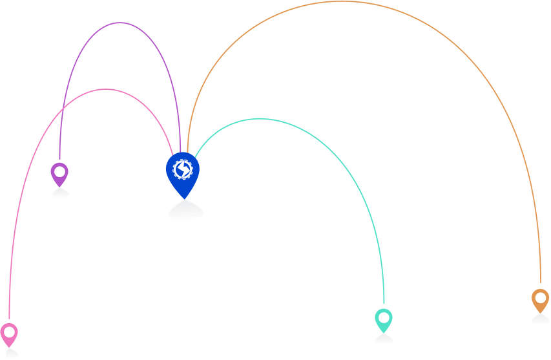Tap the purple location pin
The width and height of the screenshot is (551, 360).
pos(59,174)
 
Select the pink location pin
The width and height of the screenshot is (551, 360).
pos(9,334)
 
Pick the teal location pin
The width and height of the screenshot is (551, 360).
pos(384,320)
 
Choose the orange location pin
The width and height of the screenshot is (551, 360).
pos(540,300)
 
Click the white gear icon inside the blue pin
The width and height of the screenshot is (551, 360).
pos(183,169)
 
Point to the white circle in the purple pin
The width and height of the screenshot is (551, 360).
pos(59,172)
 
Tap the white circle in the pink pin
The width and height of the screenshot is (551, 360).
pos(9,332)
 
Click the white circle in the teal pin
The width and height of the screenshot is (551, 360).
pos(384,318)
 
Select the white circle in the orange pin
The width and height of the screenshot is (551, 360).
pos(540,298)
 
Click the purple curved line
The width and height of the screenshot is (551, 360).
pos(120,23)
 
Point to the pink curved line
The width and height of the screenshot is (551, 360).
pos(107,89)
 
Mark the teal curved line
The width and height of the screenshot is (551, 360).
pos(260,118)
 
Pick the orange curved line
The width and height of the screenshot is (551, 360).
pos(342,2)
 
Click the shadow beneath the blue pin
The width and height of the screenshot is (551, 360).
pos(185,211)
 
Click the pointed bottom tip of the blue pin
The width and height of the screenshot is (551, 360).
pos(184,198)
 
